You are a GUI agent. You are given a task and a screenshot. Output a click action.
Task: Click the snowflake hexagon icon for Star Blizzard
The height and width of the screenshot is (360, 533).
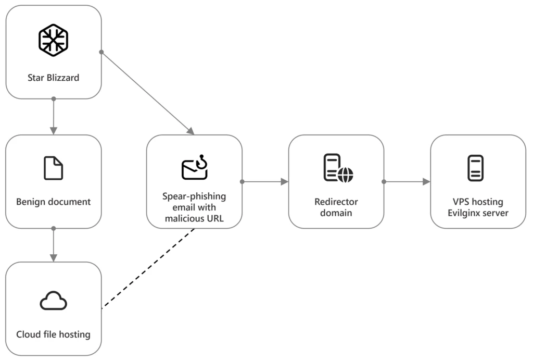pyautogui.click(x=53, y=40)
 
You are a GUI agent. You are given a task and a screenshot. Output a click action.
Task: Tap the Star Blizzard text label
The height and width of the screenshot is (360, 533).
pyautogui.click(x=53, y=78)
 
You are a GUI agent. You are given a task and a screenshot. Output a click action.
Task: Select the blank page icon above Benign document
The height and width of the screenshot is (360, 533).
pyautogui.click(x=53, y=168)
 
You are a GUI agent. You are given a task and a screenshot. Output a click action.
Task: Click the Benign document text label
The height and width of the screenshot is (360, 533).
pyautogui.click(x=53, y=202)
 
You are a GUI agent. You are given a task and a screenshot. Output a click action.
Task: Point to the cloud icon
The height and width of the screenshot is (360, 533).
pyautogui.click(x=53, y=301)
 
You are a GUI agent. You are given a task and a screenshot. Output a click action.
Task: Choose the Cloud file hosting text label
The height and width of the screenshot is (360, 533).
pyautogui.click(x=53, y=334)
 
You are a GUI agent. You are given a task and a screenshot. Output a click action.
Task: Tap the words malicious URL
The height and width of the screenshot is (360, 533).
pyautogui.click(x=194, y=218)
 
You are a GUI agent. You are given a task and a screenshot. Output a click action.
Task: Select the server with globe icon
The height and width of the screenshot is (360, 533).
pyautogui.click(x=337, y=168)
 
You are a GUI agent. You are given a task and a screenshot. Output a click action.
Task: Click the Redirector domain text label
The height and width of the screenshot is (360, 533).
pyautogui.click(x=336, y=207)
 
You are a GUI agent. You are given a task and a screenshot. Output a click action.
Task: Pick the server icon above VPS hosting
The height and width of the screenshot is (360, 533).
pyautogui.click(x=475, y=168)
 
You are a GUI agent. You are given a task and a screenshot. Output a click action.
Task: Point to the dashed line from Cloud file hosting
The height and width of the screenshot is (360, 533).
pyautogui.click(x=148, y=268)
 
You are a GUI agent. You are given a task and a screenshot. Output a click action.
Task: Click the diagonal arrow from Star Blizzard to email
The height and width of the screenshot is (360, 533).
pyautogui.click(x=147, y=93)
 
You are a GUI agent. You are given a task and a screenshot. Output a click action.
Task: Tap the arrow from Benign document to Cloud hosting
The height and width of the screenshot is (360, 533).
pyautogui.click(x=53, y=244)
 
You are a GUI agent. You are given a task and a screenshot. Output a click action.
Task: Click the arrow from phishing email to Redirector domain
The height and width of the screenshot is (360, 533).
pyautogui.click(x=265, y=182)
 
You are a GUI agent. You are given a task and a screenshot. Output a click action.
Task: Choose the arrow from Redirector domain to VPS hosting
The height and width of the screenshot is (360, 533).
pyautogui.click(x=407, y=182)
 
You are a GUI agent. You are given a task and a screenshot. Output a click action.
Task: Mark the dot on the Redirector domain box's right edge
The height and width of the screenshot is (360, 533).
pyautogui.click(x=384, y=182)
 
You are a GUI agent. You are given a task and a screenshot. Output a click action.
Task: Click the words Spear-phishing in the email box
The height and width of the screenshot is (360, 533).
pyautogui.click(x=194, y=196)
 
